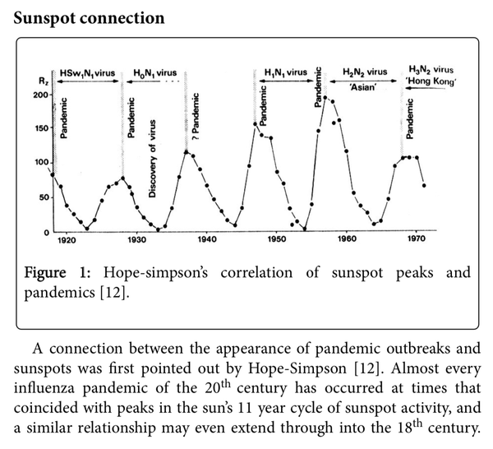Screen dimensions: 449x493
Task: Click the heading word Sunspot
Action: pos(47,16)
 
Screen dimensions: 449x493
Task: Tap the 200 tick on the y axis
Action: pos(40,95)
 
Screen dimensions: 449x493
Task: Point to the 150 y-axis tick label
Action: pos(40,130)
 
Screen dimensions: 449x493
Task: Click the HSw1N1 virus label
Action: pos(88,72)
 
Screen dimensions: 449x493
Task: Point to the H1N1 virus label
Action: pos(284,72)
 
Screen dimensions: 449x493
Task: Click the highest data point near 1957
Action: pos(325,98)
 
